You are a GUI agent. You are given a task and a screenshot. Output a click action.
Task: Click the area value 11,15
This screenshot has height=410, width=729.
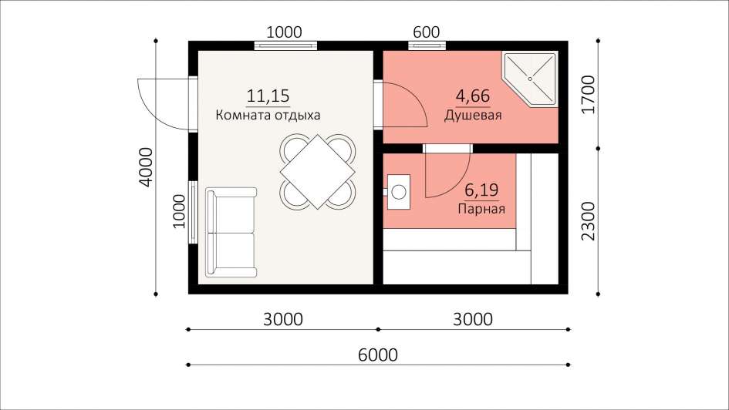(268, 96)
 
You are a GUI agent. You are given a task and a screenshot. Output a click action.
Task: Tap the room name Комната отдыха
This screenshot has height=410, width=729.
(268, 115)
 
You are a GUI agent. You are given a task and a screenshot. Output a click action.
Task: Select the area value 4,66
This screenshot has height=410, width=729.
(473, 96)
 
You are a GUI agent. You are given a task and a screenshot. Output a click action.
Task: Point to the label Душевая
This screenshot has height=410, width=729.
(473, 115)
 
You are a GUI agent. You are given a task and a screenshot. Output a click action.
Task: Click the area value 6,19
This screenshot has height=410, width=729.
(481, 190)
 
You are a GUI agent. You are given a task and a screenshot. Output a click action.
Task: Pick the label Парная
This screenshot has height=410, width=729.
(481, 209)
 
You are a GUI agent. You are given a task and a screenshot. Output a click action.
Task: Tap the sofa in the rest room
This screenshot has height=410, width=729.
(231, 232)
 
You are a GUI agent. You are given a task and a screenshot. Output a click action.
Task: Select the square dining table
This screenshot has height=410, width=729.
(318, 172)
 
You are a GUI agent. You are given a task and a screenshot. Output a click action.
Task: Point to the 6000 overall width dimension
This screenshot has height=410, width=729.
(378, 355)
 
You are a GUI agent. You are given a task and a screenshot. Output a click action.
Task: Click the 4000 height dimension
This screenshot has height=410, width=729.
(146, 167)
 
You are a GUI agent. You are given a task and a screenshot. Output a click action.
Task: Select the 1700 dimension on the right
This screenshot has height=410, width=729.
(588, 95)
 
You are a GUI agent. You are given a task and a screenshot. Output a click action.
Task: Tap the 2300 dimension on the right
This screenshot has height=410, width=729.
(588, 221)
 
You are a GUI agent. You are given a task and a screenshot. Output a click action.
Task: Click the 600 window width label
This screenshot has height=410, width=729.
(427, 32)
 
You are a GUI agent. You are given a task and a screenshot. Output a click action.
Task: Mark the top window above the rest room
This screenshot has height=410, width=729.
(285, 45)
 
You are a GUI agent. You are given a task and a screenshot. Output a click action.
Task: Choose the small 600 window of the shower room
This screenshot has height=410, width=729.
(427, 45)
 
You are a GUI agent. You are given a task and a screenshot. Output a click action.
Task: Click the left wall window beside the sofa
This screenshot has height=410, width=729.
(193, 212)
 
